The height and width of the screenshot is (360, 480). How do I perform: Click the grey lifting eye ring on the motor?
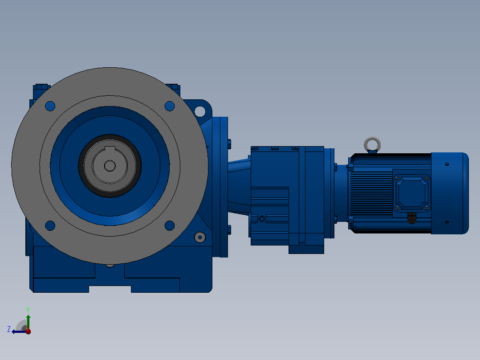(x=372, y=139)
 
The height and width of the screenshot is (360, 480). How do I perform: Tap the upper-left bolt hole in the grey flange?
(x=50, y=106)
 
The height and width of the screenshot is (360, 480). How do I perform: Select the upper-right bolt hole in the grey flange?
(x=170, y=106)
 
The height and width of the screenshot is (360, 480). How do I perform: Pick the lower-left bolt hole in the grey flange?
(x=50, y=225)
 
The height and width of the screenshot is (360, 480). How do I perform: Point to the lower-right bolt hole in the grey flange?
(x=170, y=225)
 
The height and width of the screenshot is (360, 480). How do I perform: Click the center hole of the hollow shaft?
(x=110, y=166)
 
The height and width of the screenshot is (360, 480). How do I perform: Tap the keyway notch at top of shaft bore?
(x=110, y=149)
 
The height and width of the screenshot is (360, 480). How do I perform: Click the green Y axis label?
(x=28, y=310)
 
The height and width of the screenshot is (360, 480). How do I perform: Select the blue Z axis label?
(x=9, y=329)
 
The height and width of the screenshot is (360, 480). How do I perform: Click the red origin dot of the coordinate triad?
(x=28, y=331)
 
